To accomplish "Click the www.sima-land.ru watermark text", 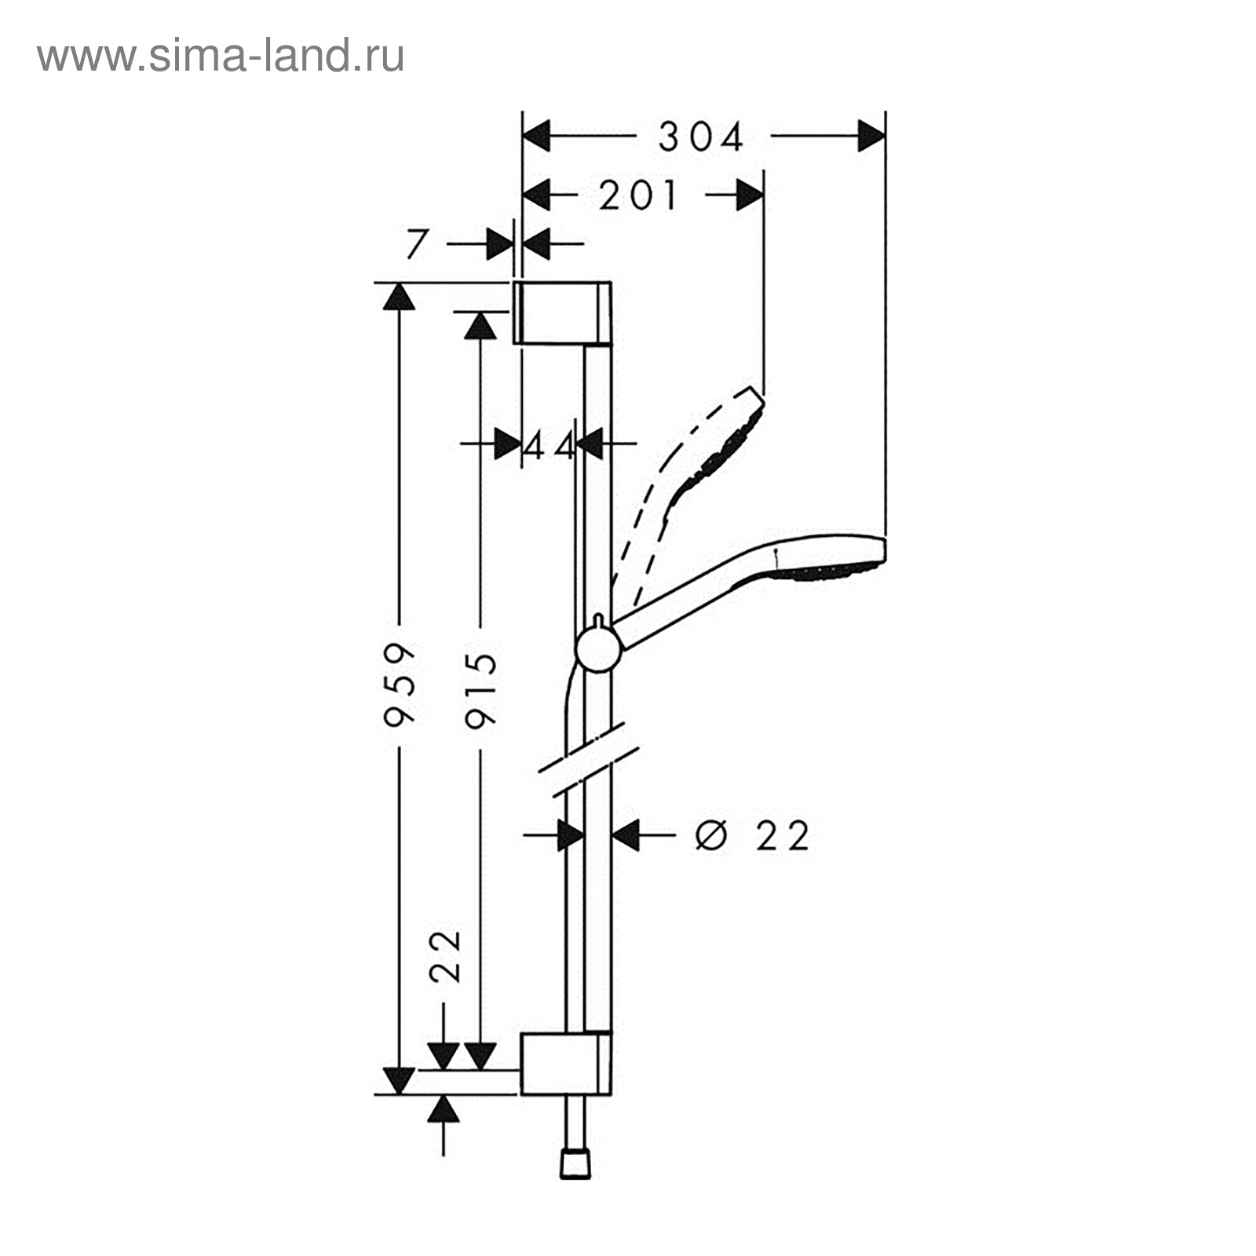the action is pyautogui.click(x=221, y=57).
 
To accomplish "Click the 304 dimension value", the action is pyautogui.click(x=701, y=138).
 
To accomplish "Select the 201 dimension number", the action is pyautogui.click(x=637, y=195).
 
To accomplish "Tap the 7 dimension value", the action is pyautogui.click(x=416, y=244).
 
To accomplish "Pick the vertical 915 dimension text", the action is pyautogui.click(x=480, y=690).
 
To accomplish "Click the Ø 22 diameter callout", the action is pyautogui.click(x=751, y=835).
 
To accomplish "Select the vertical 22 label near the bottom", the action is pyautogui.click(x=446, y=956).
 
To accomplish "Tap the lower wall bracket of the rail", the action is pyautogui.click(x=565, y=1063).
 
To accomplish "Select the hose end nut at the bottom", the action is pyautogui.click(x=575, y=1165).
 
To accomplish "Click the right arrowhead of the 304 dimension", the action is pyautogui.click(x=871, y=136).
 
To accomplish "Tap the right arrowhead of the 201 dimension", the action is pyautogui.click(x=750, y=195).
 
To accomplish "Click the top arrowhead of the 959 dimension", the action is pyautogui.click(x=399, y=297).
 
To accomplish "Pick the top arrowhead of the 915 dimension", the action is pyautogui.click(x=480, y=325).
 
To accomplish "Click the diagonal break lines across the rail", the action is pyautogui.click(x=590, y=760).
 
